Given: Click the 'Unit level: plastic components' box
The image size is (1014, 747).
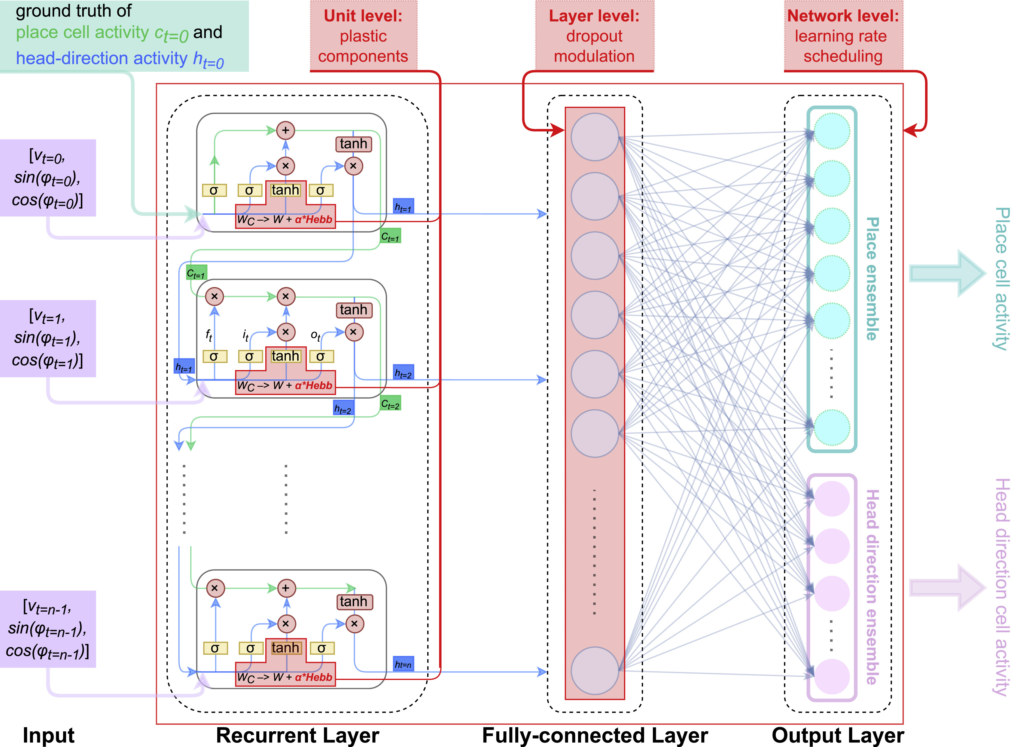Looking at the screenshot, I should point(363,36).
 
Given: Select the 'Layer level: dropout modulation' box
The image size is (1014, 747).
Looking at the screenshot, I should point(594,36).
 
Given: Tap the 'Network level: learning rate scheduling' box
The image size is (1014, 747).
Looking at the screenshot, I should point(843,36).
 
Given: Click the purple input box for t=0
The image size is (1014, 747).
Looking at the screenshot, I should point(48,178).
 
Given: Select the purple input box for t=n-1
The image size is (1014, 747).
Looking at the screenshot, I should point(48,629).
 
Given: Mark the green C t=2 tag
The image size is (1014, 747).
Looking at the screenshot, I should point(390,404).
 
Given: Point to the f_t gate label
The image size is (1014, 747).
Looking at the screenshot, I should point(209,335).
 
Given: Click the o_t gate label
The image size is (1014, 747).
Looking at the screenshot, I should point(315,335).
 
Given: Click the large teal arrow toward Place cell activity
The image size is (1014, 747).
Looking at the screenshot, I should point(947,274).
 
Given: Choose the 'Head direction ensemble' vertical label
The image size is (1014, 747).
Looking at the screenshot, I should point(872,586).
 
